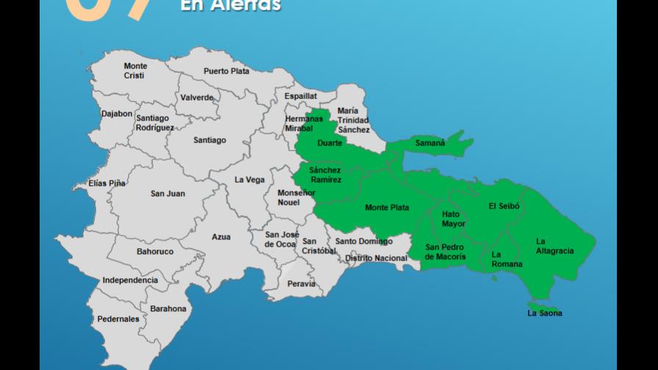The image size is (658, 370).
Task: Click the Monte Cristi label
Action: [135, 70]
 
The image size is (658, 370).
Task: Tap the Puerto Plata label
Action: [226, 71]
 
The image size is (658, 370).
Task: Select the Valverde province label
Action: [197, 98]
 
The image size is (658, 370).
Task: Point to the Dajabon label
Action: [117, 114]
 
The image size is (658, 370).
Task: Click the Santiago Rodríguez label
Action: [154, 123]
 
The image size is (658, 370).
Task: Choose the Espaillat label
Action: [301, 95]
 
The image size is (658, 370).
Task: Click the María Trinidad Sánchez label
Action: [353, 120]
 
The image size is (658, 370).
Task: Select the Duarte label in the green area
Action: [330, 143]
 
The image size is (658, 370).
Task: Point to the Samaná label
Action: [430, 143]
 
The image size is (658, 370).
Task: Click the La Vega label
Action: [250, 180]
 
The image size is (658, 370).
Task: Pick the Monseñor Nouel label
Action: [296, 197]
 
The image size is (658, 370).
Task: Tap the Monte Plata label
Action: [387, 208]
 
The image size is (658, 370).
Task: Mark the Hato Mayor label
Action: [454, 219]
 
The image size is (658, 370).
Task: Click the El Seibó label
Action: [504, 206]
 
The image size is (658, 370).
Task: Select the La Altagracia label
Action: [554, 246]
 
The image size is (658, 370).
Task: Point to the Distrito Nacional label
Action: [376, 258]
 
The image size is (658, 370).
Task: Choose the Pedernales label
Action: [118, 319]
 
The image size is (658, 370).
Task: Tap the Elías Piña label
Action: [106, 184]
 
